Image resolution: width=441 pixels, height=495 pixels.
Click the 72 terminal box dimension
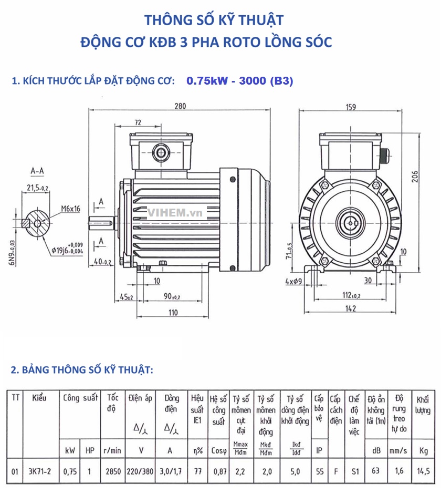coord(138,122)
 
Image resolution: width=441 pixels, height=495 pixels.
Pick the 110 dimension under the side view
coord(173,313)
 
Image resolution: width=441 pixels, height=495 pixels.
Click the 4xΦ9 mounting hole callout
coord(295,281)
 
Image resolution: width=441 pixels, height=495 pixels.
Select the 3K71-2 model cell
coord(40,471)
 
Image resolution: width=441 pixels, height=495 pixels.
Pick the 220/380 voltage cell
coord(140,471)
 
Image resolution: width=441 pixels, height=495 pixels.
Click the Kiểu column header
coord(39,398)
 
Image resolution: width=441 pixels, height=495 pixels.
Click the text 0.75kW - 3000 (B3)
coord(239,81)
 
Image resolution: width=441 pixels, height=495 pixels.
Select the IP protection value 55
coord(319,471)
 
